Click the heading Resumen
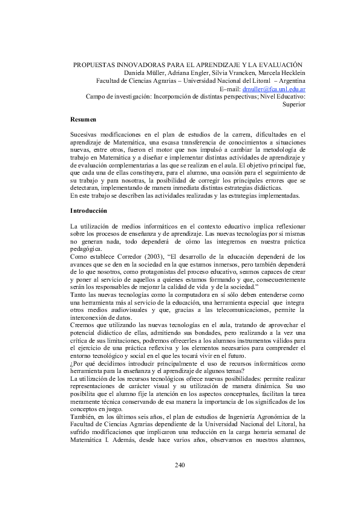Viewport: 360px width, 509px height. tap(83, 120)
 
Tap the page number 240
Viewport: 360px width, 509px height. tap(180, 464)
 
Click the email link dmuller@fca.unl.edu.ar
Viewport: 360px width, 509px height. tap(273, 88)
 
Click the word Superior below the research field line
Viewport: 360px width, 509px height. tap(294, 104)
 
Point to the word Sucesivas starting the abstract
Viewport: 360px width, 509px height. tap(85, 134)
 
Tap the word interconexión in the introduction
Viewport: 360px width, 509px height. tap(91, 317)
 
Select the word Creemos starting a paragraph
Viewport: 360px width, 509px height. tap(83, 325)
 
